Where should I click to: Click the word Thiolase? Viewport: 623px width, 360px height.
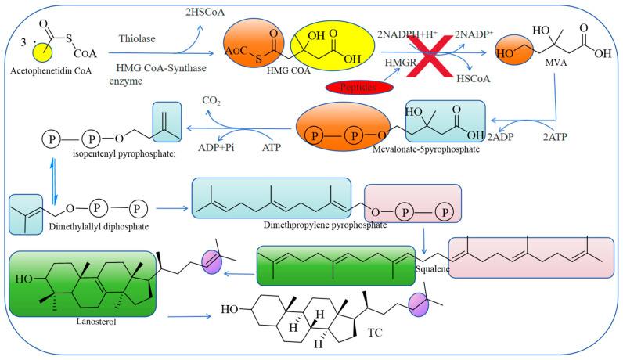[139, 37]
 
